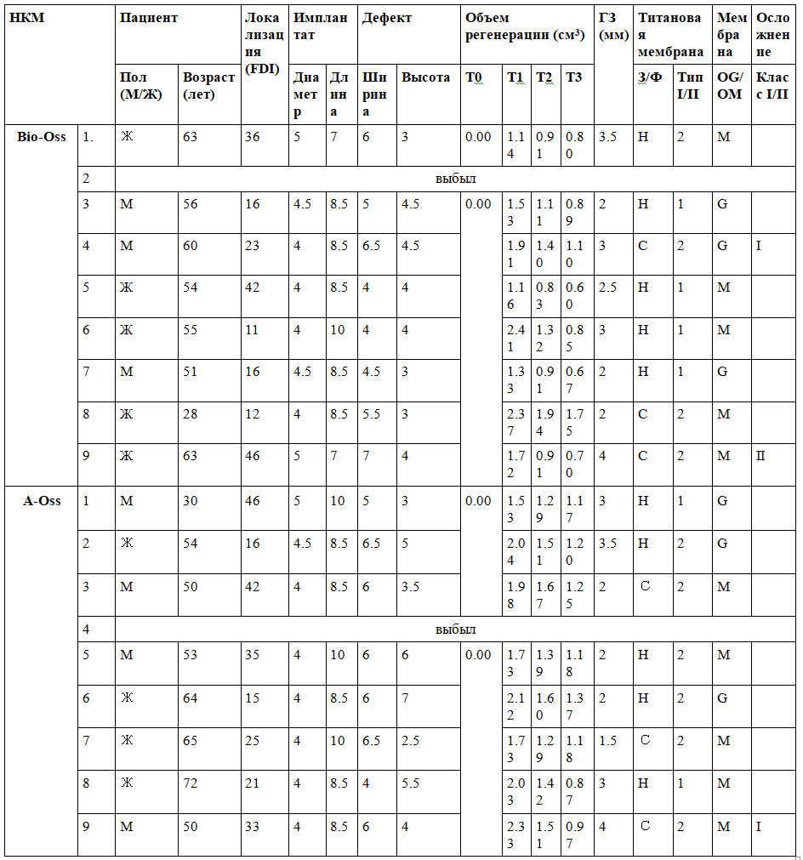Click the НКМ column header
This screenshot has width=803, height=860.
(x=27, y=18)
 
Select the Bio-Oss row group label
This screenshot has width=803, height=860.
(x=42, y=137)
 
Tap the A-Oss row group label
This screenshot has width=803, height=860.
(x=42, y=500)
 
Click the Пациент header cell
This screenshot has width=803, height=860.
(x=149, y=18)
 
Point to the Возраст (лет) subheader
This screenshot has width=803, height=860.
(x=208, y=85)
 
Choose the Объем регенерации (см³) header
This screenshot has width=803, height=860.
(x=524, y=26)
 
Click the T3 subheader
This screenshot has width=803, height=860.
(x=574, y=77)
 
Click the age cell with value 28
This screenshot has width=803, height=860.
(x=191, y=413)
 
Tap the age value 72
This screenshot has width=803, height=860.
(x=191, y=783)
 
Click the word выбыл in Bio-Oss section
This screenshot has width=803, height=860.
(x=455, y=179)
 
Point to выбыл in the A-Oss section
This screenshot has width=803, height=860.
(x=455, y=629)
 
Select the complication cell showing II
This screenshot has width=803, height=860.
(x=760, y=455)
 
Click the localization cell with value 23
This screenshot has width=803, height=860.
(x=252, y=246)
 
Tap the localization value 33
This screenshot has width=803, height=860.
(x=252, y=824)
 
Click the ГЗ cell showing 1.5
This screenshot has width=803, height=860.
(x=608, y=740)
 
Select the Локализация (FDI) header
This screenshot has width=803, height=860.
(x=263, y=43)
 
